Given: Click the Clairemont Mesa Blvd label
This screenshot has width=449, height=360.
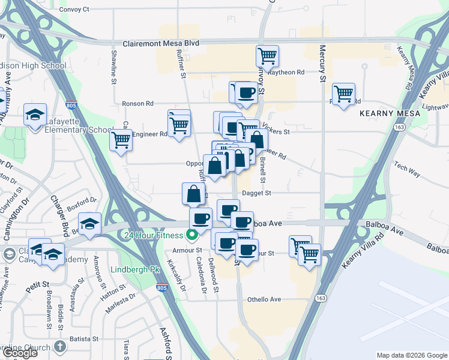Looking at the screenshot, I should pyautogui.click(x=160, y=44).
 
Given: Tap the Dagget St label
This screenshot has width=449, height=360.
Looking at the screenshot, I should pyautogui.click(x=256, y=193).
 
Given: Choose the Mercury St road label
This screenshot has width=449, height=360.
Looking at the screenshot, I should pyautogui.click(x=322, y=63).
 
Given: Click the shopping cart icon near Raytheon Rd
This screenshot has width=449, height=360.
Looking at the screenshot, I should pyautogui.click(x=267, y=56).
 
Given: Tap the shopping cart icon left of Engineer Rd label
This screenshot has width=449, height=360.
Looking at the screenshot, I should pyautogui.click(x=121, y=140).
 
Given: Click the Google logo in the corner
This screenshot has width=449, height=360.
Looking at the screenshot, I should pyautogui.click(x=20, y=353).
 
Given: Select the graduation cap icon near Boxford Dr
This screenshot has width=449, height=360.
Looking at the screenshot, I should pyautogui.click(x=89, y=223).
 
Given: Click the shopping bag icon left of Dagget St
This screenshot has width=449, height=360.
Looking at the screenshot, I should pyautogui.click(x=194, y=194).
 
